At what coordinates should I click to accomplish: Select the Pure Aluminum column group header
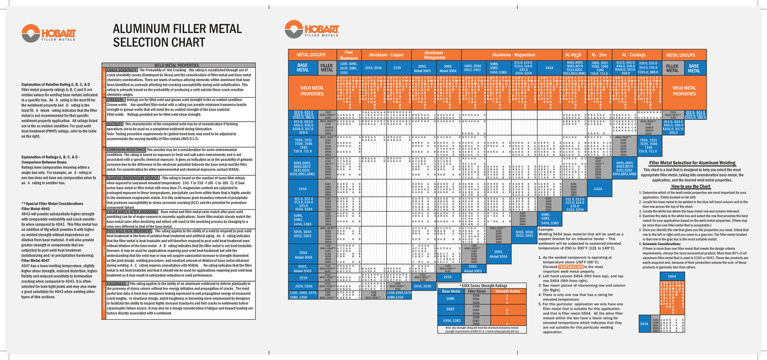[348, 55]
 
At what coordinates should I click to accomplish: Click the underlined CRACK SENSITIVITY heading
[123, 68]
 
